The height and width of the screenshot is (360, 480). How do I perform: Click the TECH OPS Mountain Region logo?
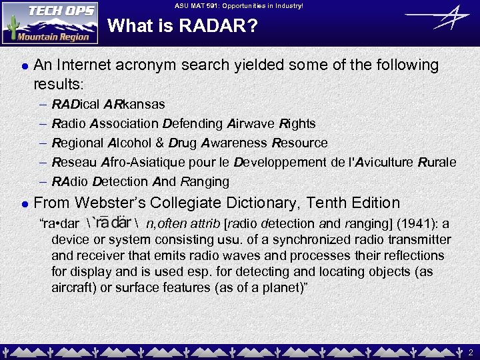(x=50, y=23)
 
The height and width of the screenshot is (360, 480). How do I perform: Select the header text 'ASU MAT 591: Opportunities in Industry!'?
(x=239, y=5)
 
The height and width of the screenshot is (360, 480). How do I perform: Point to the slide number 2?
(x=470, y=351)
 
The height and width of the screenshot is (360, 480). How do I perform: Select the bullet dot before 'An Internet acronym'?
(x=24, y=66)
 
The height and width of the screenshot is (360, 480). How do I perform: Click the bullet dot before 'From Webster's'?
(x=24, y=204)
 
